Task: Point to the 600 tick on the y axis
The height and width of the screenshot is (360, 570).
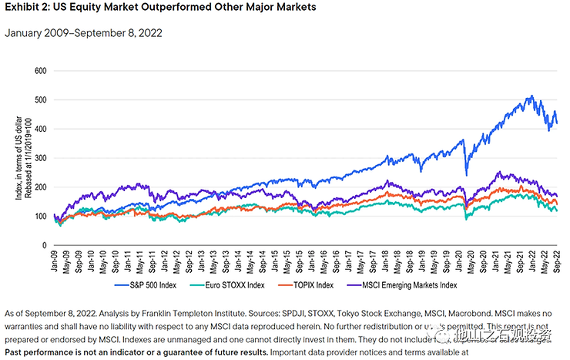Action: click(x=40, y=71)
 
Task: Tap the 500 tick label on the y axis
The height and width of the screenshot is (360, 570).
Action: click(x=40, y=100)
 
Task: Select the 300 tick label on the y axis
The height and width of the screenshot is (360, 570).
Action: click(x=40, y=158)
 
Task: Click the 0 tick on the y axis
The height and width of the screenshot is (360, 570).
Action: click(x=45, y=245)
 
